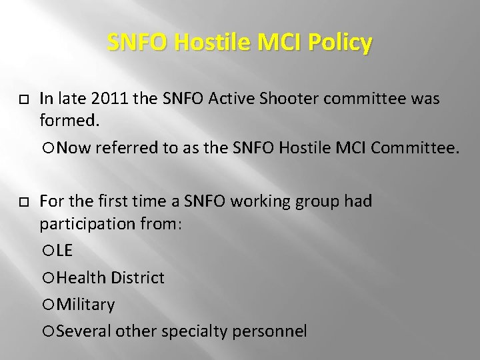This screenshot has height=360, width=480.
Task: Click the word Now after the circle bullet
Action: (74, 147)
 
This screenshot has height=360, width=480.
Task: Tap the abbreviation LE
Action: (65, 251)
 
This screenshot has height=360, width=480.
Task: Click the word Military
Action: (85, 305)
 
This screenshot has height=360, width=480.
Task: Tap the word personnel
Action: (269, 331)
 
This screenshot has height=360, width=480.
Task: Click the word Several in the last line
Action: (84, 331)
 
